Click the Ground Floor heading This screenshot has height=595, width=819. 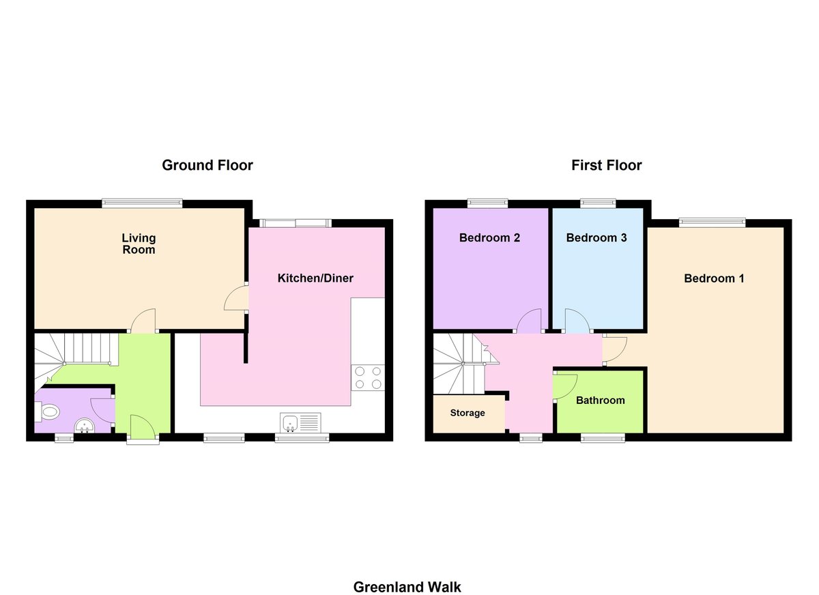[207, 165]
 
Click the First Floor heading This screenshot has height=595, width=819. [606, 165]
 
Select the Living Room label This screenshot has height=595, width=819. [139, 244]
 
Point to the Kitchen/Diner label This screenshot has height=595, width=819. [315, 278]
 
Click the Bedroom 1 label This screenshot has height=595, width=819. [714, 278]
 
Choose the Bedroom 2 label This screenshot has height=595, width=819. [489, 238]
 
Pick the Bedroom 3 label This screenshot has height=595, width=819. [597, 238]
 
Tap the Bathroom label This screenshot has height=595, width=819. [600, 401]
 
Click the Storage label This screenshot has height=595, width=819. [468, 413]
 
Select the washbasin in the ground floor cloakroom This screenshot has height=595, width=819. [85, 426]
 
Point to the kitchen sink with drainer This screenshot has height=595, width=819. [300, 423]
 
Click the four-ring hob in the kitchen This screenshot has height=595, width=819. [367, 377]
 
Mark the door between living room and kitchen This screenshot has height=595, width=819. [236, 298]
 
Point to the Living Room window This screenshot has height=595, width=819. [142, 203]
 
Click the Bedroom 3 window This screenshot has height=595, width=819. [598, 203]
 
